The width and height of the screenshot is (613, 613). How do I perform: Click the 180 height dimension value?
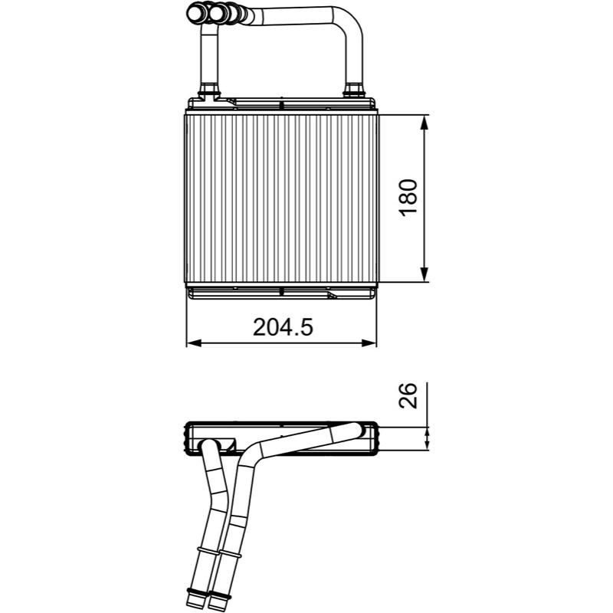(x=409, y=198)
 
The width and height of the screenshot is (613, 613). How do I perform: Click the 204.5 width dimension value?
(x=283, y=327)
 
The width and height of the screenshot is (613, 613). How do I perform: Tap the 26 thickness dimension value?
(x=408, y=395)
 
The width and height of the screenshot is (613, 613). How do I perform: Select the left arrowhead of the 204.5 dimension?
(x=194, y=343)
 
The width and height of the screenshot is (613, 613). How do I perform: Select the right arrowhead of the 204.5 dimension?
(x=369, y=343)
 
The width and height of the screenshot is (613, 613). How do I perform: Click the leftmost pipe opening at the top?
(x=195, y=13)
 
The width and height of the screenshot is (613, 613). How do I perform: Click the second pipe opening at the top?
(x=216, y=13)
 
